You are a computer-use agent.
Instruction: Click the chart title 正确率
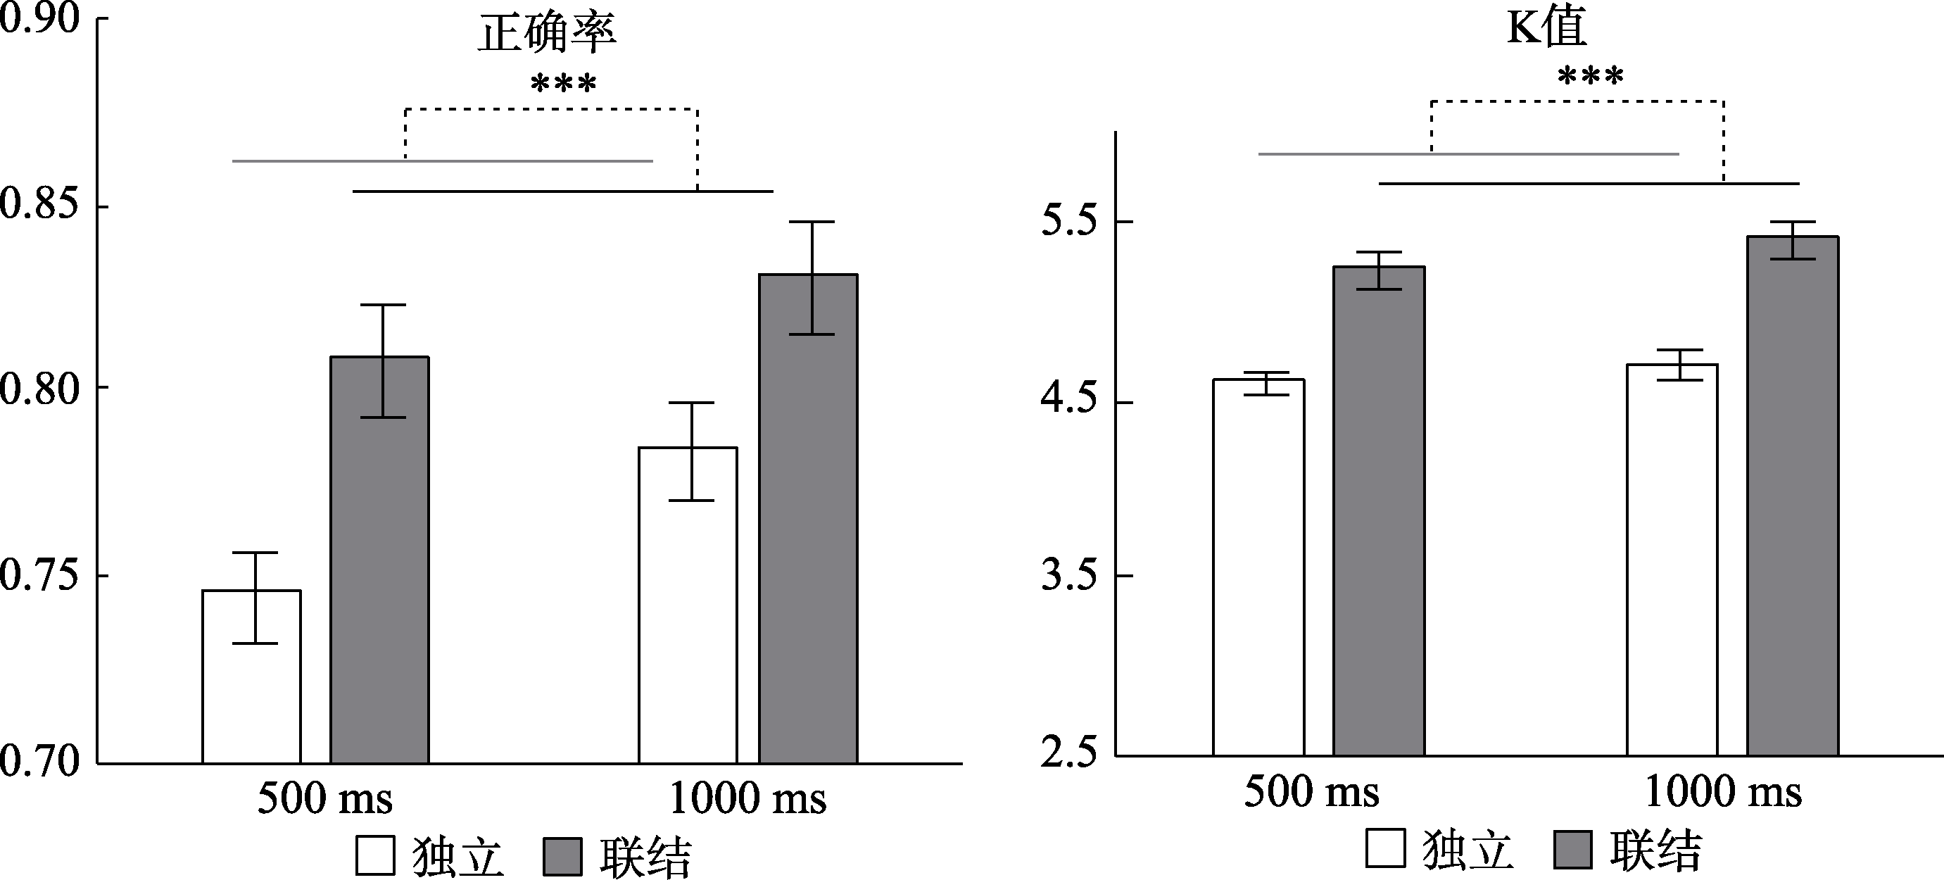[547, 33]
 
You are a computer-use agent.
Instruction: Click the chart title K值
[1546, 27]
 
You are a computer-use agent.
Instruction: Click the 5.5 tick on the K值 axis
[1068, 222]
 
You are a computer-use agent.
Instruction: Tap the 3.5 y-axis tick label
[1068, 575]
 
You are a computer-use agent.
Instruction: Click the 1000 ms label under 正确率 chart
[747, 798]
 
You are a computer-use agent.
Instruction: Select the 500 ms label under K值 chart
[1311, 793]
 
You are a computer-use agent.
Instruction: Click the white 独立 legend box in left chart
[375, 855]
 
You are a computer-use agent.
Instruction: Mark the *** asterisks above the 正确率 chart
[563, 83]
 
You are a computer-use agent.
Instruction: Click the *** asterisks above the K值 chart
[1590, 75]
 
